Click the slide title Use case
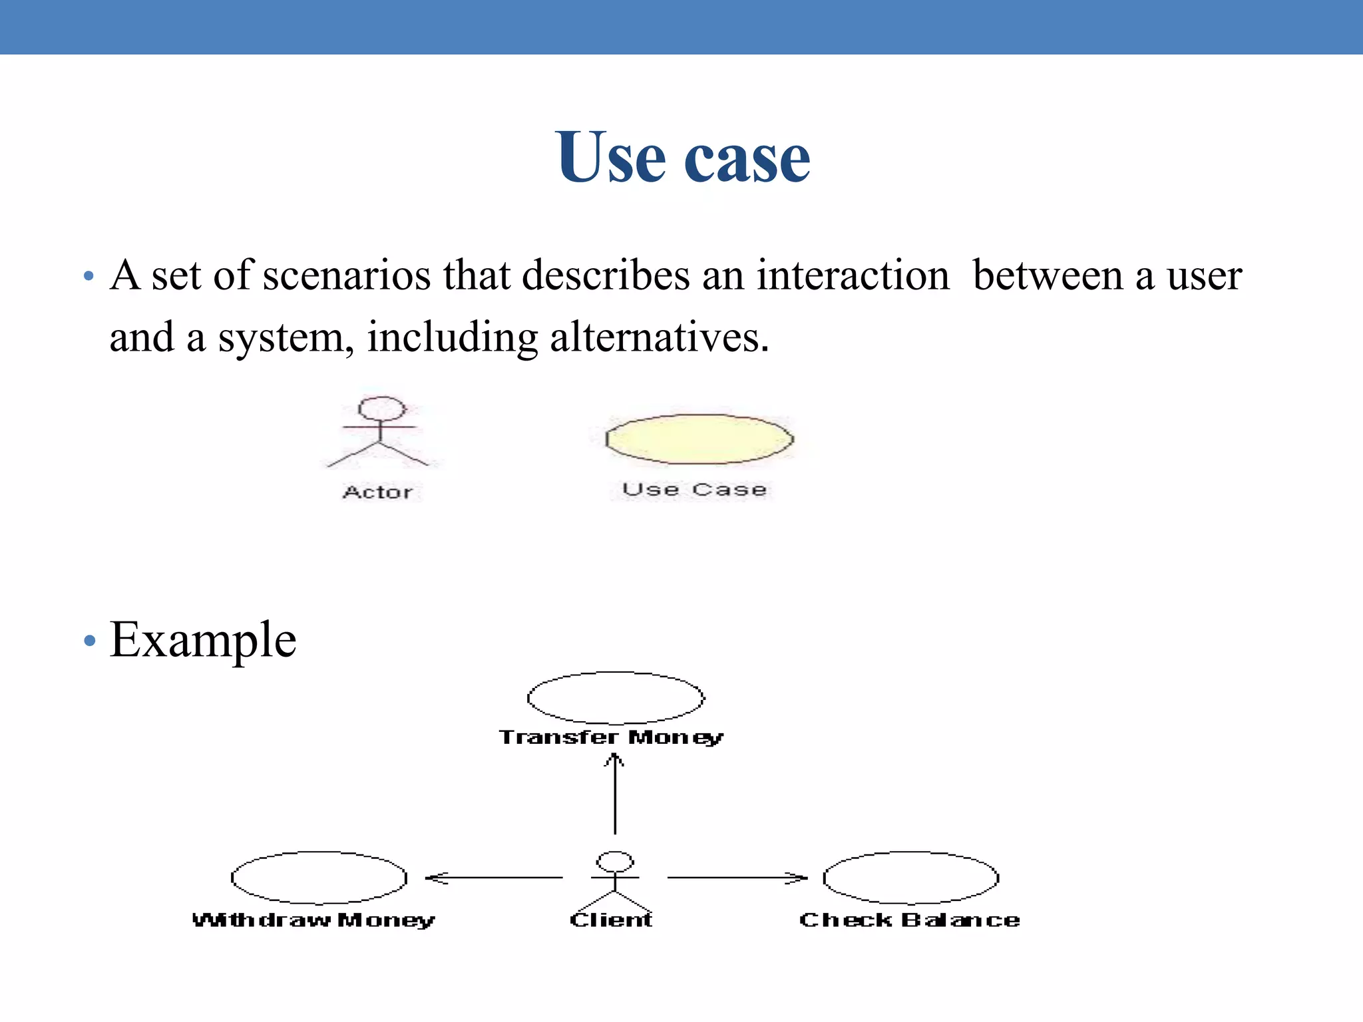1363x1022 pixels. pos(683,157)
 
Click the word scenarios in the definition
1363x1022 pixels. pos(346,275)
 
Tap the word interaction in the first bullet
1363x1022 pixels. pos(853,275)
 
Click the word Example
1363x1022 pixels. pos(203,640)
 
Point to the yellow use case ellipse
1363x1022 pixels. pos(699,439)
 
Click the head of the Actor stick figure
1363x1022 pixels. pos(381,409)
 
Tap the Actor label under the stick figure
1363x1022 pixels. pos(377,492)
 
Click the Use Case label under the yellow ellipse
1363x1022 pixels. pos(694,490)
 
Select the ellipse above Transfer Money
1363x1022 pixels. pos(616,698)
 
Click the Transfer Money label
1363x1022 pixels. pos(611,737)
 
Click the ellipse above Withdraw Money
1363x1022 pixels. pos(319,878)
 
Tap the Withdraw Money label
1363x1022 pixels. pos(313,920)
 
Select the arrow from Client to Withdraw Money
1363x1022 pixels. pos(494,878)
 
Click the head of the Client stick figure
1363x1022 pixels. pos(615,862)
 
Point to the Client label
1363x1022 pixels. pos(611,920)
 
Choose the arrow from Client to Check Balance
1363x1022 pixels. pos(737,878)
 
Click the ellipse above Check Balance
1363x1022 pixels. pos(910,878)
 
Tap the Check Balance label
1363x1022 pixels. pos(909,920)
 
